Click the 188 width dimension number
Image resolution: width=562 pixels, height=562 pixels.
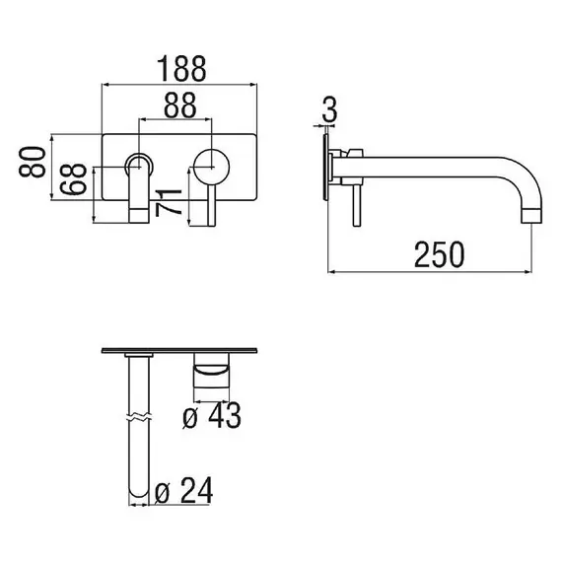[181, 68]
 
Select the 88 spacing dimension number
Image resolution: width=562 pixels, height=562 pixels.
[179, 105]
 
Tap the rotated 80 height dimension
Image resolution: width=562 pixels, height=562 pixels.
[33, 162]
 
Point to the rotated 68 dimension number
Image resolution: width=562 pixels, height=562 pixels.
[73, 178]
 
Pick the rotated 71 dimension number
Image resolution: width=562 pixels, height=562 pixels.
[169, 203]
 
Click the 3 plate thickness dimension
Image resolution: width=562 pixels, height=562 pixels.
[329, 109]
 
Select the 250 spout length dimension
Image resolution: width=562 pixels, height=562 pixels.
[439, 254]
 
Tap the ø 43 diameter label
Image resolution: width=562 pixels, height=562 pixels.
[211, 415]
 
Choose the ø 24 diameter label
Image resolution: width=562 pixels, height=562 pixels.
[183, 490]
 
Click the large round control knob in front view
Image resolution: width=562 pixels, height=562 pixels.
[211, 167]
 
